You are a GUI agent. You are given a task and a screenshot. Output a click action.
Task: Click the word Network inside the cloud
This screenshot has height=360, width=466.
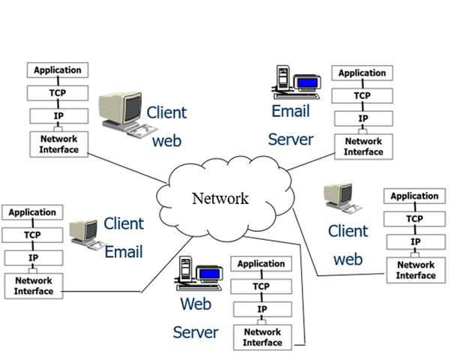pos(220,199)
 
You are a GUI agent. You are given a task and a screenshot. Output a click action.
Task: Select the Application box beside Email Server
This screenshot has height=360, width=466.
pos(363,73)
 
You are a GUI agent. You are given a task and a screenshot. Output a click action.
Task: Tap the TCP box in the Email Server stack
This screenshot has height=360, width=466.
pos(363,96)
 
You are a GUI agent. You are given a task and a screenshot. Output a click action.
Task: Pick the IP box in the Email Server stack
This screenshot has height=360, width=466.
pos(363,118)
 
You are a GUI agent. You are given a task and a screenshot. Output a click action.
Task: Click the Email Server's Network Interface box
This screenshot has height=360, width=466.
pos(363,146)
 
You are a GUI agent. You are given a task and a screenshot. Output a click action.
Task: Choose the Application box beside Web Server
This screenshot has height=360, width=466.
pos(261,264)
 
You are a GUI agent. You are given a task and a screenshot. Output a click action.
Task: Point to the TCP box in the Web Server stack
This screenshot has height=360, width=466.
pos(261,286)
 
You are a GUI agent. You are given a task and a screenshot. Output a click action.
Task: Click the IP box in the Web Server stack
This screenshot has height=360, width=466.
pos(261,309)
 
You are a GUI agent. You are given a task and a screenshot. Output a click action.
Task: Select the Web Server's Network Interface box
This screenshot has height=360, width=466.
pos(261,337)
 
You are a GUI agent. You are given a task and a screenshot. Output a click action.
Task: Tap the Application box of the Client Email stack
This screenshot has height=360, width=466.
pos(32,212)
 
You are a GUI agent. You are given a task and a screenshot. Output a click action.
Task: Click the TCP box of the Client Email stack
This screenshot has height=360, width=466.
pos(32,235)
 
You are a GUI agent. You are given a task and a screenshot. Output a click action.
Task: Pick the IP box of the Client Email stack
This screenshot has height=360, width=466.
pos(33,257)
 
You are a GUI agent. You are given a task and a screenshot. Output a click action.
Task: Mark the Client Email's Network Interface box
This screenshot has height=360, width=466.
pos(33,285)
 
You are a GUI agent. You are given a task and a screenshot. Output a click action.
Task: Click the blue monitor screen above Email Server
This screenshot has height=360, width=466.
pos(307,83)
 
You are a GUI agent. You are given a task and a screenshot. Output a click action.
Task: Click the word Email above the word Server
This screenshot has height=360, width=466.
pos(291,112)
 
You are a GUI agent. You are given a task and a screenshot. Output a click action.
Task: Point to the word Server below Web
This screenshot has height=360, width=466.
pos(196,332)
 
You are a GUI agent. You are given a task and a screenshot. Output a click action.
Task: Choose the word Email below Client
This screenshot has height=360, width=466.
pos(124,252)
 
